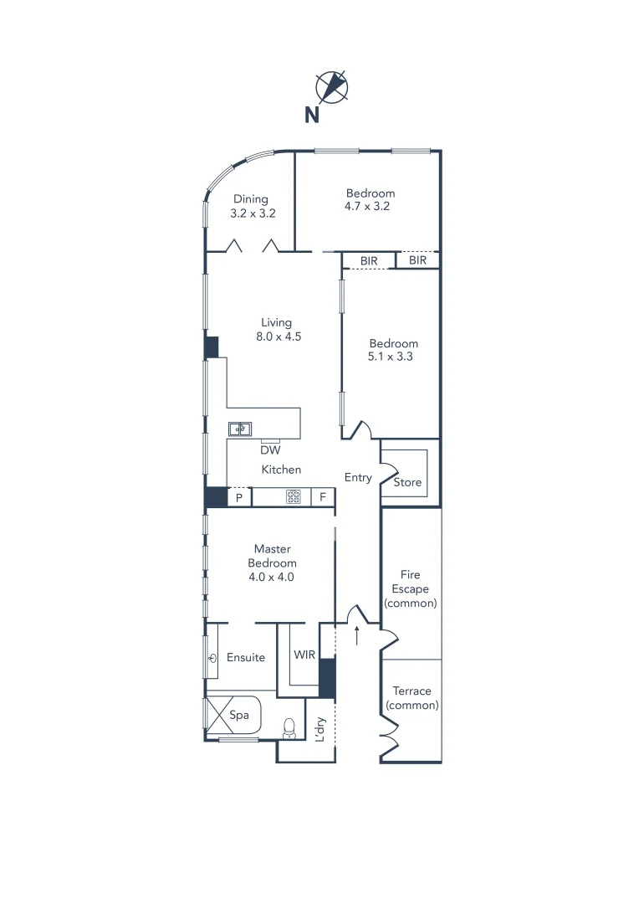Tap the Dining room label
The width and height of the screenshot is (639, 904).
[x=251, y=199]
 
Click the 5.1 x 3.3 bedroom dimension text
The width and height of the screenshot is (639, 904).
[x=393, y=356]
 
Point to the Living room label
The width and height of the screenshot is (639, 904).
[x=276, y=322]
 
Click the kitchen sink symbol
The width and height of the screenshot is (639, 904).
[x=241, y=429]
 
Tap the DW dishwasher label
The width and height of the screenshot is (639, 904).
[x=269, y=449]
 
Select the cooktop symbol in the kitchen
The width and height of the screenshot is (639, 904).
[x=294, y=496]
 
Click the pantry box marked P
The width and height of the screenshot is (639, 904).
[x=239, y=497]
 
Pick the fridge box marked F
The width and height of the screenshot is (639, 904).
[x=323, y=497]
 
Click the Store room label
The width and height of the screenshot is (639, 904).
[x=408, y=483]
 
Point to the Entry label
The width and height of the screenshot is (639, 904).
[x=358, y=477]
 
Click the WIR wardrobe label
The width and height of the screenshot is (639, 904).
[x=304, y=655]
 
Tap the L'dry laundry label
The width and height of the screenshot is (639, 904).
[x=319, y=730]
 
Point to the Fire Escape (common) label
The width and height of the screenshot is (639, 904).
[x=410, y=588]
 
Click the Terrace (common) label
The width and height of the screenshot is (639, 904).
[x=412, y=698]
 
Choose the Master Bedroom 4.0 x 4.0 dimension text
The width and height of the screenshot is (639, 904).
[x=273, y=577]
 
